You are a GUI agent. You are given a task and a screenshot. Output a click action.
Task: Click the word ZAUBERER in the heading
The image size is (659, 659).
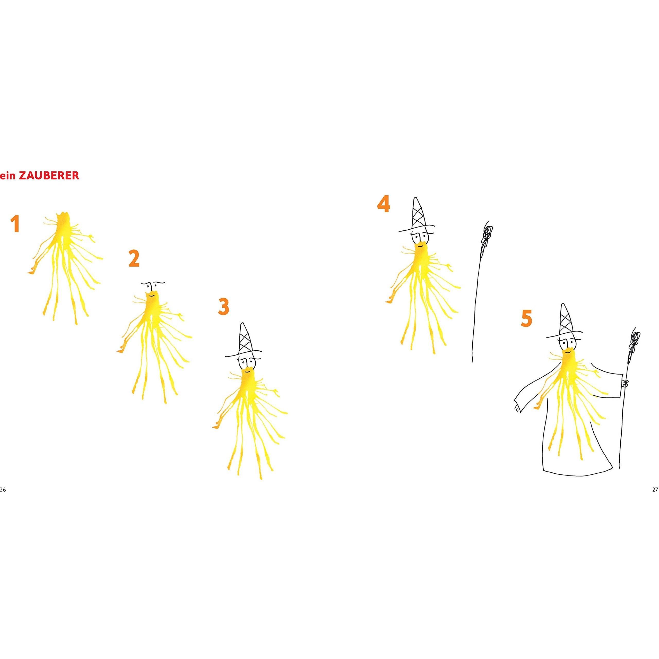[49, 175]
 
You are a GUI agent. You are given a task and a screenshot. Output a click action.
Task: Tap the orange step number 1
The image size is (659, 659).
[15, 224]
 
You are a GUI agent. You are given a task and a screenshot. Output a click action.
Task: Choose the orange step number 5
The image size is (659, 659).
[526, 319]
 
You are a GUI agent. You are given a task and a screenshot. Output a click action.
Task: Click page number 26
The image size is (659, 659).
[3, 489]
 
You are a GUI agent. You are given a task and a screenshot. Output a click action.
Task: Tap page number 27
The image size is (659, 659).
[655, 489]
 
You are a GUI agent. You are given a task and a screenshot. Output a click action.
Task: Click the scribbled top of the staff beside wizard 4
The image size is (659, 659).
[487, 239]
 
